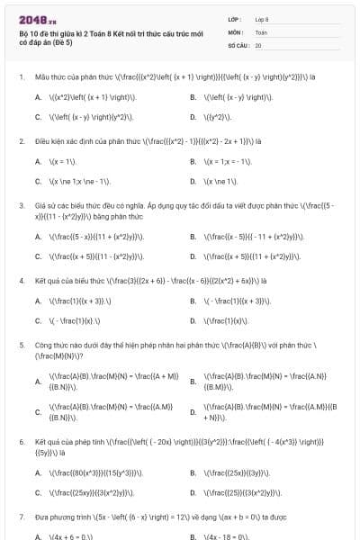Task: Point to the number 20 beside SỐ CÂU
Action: pyautogui.click(x=258, y=44)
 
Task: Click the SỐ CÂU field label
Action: pyautogui.click(x=238, y=44)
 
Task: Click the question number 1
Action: pyautogui.click(x=22, y=76)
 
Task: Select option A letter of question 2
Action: pyautogui.click(x=38, y=161)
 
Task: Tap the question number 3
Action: pyautogui.click(x=22, y=205)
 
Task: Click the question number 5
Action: pyautogui.click(x=22, y=345)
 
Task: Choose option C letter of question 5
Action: pyautogui.click(x=38, y=412)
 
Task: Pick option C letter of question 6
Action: pyautogui.click(x=38, y=493)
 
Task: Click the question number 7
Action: pyautogui.click(x=22, y=517)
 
